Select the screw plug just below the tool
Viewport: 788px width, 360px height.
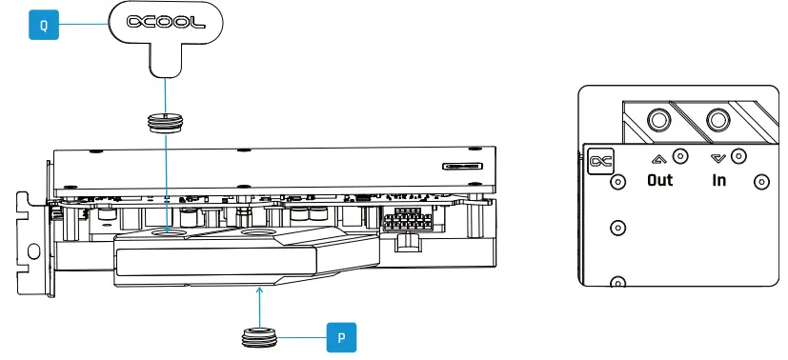(x=167, y=122)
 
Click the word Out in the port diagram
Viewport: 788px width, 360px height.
(x=659, y=180)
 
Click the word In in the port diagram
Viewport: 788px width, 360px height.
(x=718, y=180)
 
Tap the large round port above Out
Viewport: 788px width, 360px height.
(x=657, y=118)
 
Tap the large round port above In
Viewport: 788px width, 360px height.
(x=717, y=118)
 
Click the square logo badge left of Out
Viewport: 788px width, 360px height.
(x=601, y=162)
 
